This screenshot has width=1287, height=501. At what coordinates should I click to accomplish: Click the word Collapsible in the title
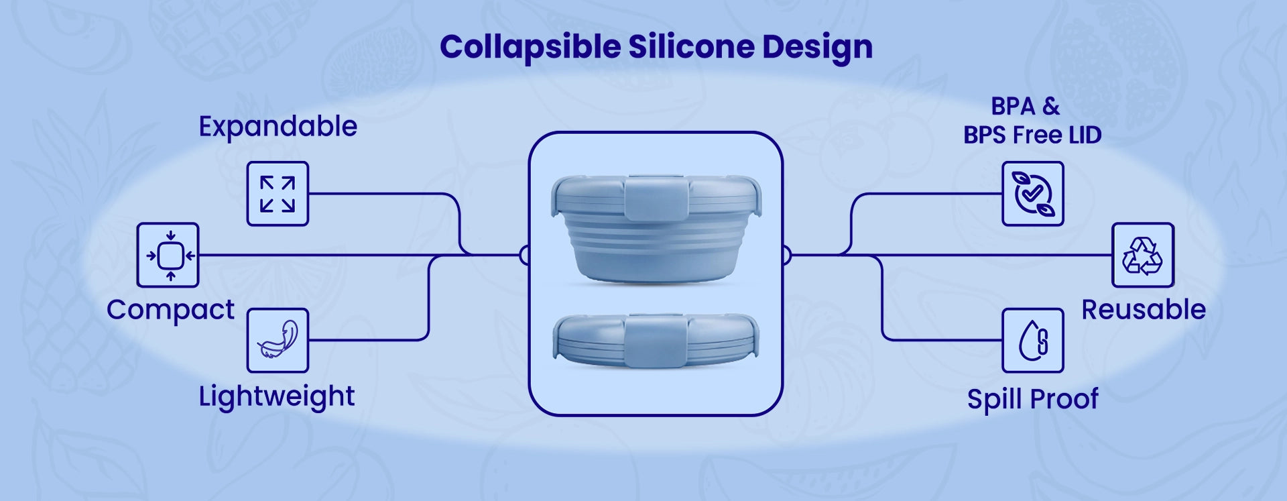pos(530,48)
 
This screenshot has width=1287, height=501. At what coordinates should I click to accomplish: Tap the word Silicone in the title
pos(691,46)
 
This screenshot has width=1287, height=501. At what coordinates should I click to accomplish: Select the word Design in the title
pos(817,48)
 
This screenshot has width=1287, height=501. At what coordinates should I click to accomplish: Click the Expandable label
pos(278,127)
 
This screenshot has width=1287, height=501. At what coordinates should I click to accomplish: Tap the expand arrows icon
pos(278,194)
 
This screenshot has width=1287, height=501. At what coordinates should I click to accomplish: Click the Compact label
pos(170,311)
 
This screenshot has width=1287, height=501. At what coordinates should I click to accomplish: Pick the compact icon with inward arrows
pos(168,255)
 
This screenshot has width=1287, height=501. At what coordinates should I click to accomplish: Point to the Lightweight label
pos(276,396)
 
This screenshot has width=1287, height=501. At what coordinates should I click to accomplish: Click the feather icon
pos(278,341)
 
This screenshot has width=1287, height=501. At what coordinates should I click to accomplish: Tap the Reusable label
pos(1144,310)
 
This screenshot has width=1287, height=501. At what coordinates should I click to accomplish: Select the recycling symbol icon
pos(1143,255)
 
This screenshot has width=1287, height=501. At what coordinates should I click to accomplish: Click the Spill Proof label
pos(1032,399)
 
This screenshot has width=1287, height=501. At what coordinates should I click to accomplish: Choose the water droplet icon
pos(1033,341)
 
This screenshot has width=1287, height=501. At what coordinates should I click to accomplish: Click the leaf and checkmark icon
pos(1033,194)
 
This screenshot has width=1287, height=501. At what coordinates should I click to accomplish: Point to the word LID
pos(1085,135)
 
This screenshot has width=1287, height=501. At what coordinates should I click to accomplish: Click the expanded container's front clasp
pos(656,197)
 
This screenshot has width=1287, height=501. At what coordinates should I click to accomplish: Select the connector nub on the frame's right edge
pos(787,255)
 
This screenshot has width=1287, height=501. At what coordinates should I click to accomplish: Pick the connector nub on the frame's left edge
pos(525,255)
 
